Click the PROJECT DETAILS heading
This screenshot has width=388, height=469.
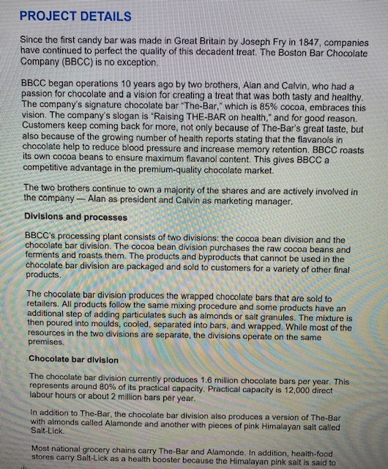pyautogui.click(x=75, y=16)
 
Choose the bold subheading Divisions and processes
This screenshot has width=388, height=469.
pyautogui.click(x=75, y=218)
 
